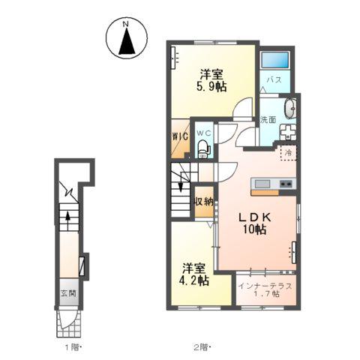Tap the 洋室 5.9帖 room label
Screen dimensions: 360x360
pyautogui.click(x=211, y=80)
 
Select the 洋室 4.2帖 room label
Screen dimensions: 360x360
pyautogui.click(x=193, y=274)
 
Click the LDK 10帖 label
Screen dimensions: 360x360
pyautogui.click(x=254, y=223)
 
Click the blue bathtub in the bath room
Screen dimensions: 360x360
pyautogui.click(x=275, y=60)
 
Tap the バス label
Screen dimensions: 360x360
pyautogui.click(x=274, y=80)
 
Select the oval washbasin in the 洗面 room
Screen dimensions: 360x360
pyautogui.click(x=290, y=109)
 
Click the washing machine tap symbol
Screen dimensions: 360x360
pyautogui.click(x=287, y=132)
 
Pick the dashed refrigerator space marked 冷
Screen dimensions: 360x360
pyautogui.click(x=288, y=152)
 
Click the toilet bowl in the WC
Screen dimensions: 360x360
pyautogui.click(x=202, y=149)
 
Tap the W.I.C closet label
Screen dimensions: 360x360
pyautogui.click(x=181, y=136)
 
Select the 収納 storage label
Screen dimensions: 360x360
pyautogui.click(x=204, y=202)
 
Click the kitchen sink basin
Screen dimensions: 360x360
pyautogui.click(x=262, y=184)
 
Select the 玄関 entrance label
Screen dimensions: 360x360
pyautogui.click(x=68, y=293)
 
